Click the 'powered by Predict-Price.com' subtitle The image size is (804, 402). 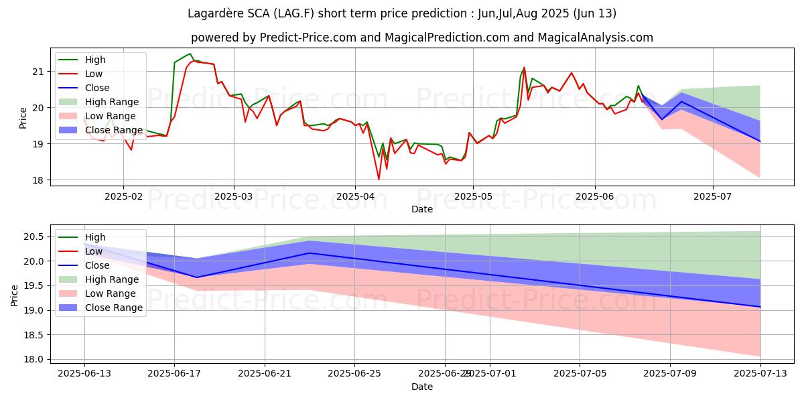point(421,38)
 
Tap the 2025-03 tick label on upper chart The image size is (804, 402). point(234,197)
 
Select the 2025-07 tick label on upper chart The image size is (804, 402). point(713,197)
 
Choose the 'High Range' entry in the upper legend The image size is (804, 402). point(111,102)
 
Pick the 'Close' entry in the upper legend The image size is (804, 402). point(97,88)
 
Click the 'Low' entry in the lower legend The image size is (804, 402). point(93,251)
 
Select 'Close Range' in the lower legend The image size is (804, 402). point(113,308)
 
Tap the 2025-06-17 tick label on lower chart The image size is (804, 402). point(174,374)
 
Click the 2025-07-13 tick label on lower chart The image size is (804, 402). point(760,374)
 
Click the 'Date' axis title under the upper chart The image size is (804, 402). point(421,209)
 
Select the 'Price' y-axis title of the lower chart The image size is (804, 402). point(15,294)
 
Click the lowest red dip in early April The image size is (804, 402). point(379,179)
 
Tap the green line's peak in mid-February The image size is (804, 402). point(190,54)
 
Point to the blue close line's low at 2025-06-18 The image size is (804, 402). point(197,277)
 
